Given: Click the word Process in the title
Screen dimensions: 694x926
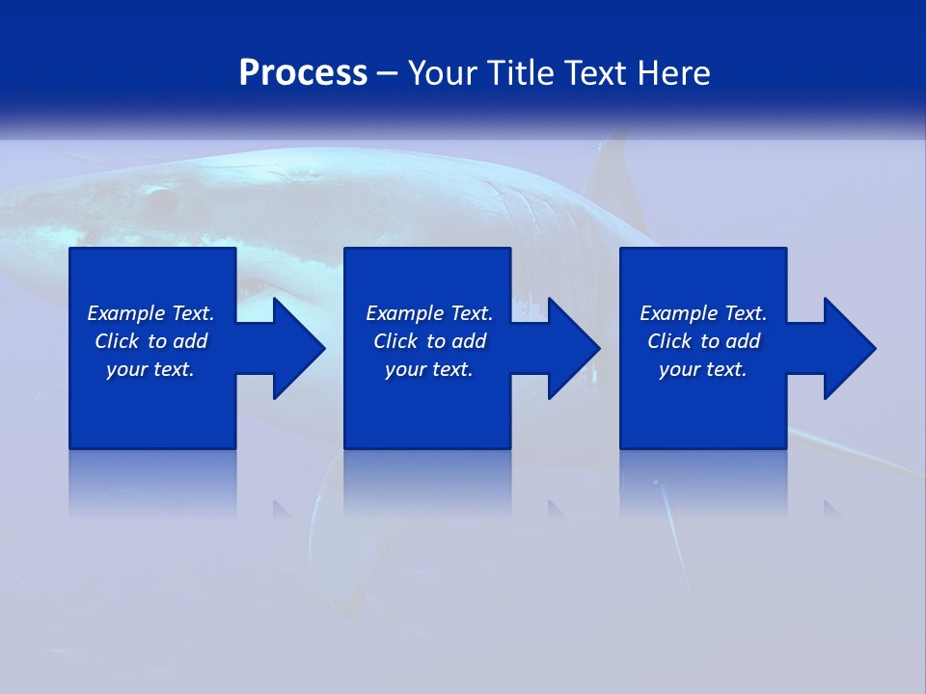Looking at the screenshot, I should click(x=303, y=73).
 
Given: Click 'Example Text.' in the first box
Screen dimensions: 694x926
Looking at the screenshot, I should click(x=150, y=313).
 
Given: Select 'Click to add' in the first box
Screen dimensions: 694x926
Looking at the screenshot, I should click(x=150, y=341).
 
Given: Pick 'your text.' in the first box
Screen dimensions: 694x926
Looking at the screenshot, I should click(x=150, y=369).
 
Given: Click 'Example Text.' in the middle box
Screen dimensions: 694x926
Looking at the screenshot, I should click(x=429, y=313).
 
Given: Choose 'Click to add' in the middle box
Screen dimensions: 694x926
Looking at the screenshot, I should click(x=429, y=341).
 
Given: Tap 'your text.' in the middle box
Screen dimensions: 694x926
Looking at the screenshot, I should click(x=429, y=369).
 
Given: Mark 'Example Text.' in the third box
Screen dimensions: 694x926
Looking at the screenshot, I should click(x=703, y=313).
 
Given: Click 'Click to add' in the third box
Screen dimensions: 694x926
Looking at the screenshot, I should click(x=703, y=341).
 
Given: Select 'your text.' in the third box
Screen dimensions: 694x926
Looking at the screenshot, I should click(x=703, y=369).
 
